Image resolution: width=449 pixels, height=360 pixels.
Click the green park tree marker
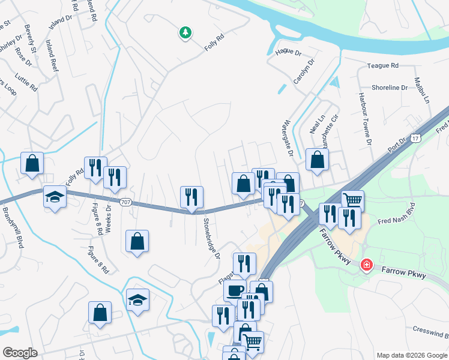point(185,32)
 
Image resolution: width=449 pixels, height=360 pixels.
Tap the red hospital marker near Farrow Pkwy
point(366,265)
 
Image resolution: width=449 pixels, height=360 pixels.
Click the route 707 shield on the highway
point(125,202)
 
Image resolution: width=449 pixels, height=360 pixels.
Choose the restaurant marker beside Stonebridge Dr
point(192,197)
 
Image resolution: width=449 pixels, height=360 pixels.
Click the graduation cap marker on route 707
point(55,196)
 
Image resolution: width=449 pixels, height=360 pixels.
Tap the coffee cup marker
point(235,290)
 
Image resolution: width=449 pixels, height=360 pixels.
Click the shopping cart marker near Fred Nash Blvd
point(352,200)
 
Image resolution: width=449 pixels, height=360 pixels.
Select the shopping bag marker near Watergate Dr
point(317,160)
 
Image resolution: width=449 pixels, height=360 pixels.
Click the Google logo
point(20,352)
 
